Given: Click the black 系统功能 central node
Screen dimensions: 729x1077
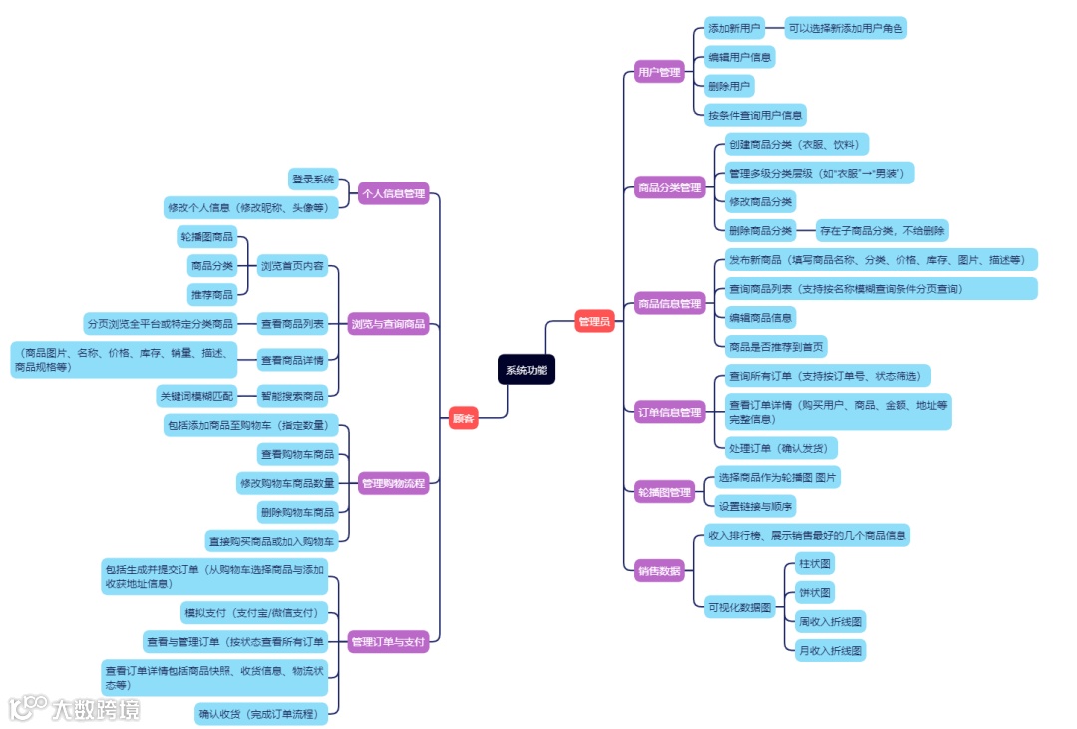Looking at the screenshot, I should click(x=527, y=370).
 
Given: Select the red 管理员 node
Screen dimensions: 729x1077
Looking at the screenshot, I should click(x=595, y=321).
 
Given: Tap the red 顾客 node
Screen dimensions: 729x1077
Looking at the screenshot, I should click(x=463, y=419).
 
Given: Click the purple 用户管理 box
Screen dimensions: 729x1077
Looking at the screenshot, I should click(x=658, y=72).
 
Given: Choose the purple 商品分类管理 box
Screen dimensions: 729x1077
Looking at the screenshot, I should click(x=669, y=187).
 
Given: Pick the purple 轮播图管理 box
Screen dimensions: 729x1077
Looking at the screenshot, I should click(x=665, y=492).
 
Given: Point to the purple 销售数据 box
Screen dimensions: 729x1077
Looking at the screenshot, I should click(x=658, y=571).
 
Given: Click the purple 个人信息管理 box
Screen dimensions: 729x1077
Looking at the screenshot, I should click(x=393, y=193).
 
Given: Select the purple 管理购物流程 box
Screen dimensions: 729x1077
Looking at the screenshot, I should click(x=393, y=483).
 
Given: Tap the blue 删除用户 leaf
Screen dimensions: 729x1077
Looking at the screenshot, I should click(x=728, y=86).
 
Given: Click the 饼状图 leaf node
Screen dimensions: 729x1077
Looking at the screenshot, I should click(x=815, y=593).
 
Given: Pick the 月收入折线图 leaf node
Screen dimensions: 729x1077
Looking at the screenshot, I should click(x=830, y=650).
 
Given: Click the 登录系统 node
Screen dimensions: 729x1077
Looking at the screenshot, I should click(x=313, y=180).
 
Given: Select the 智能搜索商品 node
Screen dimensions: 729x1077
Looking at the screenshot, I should click(x=292, y=396).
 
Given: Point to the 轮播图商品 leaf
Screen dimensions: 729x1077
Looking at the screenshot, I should click(x=206, y=237).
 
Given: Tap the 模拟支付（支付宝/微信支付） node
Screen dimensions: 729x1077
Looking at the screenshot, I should click(x=253, y=611).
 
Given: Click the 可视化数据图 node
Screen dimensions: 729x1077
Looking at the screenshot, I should click(x=739, y=606).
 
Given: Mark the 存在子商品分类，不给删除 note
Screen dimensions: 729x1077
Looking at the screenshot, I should click(x=882, y=231).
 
